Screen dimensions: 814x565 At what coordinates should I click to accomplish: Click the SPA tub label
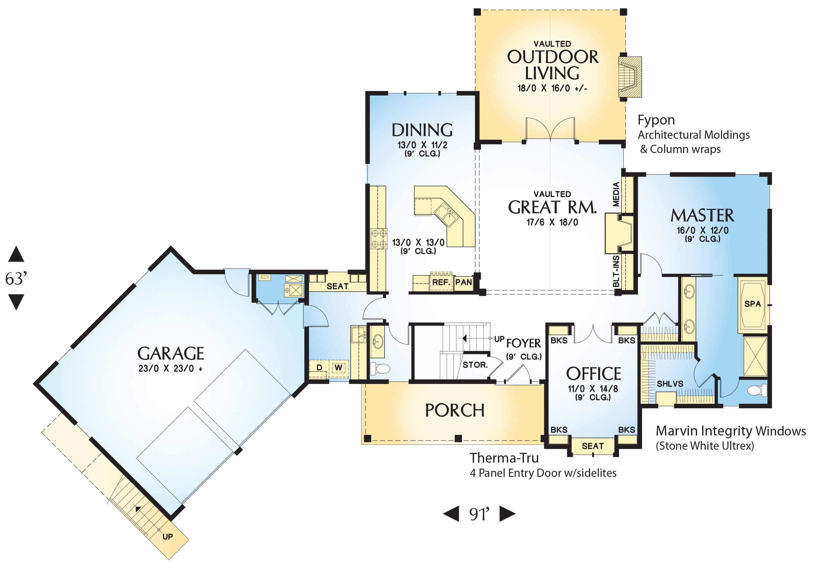752,304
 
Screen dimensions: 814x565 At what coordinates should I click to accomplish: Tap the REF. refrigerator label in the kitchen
441,282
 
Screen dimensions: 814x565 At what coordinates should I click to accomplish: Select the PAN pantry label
464,282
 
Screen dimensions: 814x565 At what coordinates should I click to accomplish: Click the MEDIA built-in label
616,194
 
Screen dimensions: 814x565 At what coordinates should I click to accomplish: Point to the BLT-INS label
616,271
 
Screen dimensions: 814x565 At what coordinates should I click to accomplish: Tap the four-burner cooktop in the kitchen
378,239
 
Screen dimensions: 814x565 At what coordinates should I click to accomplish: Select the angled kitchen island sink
445,215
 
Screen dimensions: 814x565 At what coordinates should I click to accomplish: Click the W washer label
338,368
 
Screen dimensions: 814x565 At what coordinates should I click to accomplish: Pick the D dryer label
319,368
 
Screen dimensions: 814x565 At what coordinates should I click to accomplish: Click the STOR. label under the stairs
475,365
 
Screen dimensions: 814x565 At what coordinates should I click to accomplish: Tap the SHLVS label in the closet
670,384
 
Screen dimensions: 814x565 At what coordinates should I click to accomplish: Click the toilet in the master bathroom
757,391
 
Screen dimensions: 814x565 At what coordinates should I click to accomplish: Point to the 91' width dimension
479,514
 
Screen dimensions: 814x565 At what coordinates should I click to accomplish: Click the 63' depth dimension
16,279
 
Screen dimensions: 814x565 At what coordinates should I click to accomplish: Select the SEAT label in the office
593,446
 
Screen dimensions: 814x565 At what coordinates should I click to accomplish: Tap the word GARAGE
171,353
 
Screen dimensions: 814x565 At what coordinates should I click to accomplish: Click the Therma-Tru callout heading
504,458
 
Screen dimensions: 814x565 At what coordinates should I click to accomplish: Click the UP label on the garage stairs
167,537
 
